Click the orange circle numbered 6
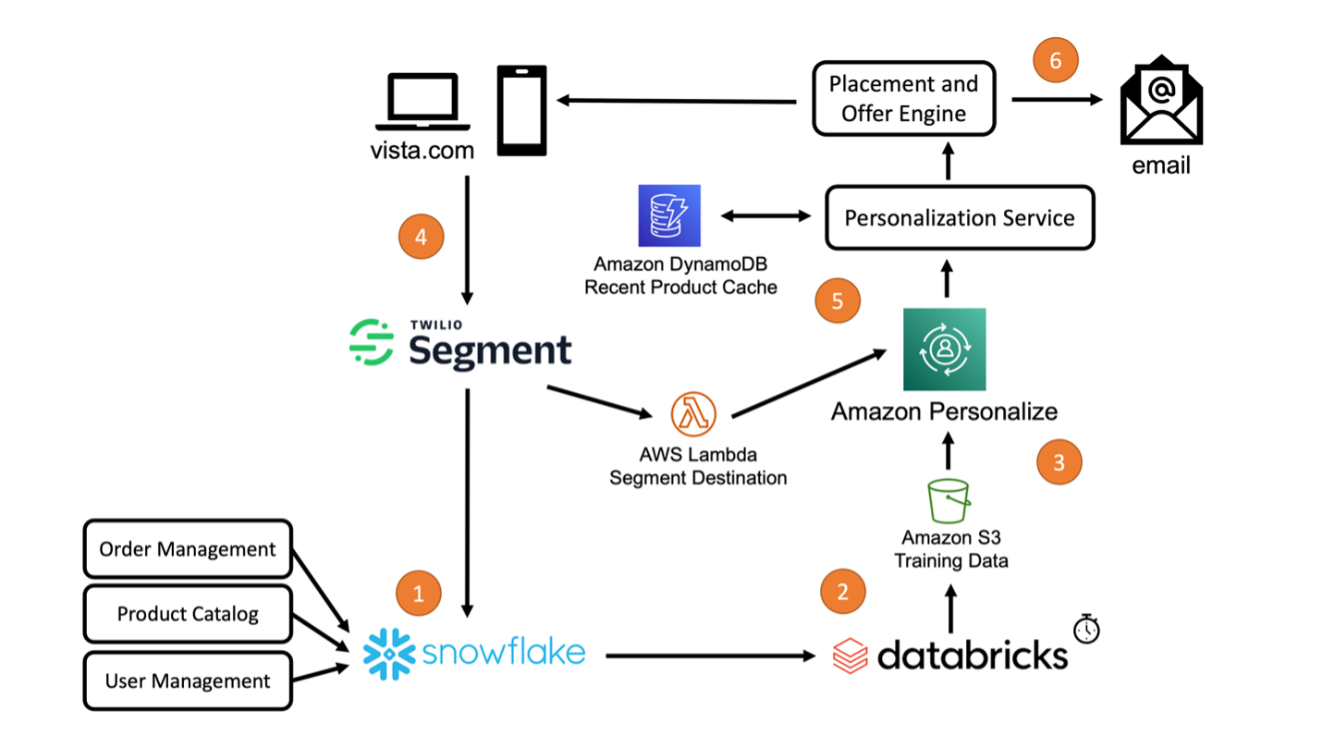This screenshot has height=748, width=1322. (1055, 61)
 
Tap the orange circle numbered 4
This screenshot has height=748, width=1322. (421, 237)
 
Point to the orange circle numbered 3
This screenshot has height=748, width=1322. (1059, 462)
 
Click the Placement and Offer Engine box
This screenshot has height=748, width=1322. (903, 99)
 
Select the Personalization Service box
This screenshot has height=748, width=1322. (960, 218)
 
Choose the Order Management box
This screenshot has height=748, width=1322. (188, 550)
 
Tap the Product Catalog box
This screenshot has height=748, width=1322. (188, 614)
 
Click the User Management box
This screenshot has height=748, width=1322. (188, 681)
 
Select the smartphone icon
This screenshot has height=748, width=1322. (522, 109)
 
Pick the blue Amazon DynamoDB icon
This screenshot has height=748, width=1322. (668, 215)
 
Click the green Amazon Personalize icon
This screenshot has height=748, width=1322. (944, 349)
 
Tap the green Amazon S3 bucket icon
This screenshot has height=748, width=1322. (949, 500)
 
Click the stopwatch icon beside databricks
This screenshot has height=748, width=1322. (1087, 629)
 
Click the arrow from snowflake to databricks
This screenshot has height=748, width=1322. (707, 656)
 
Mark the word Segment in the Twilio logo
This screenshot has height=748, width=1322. (490, 351)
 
